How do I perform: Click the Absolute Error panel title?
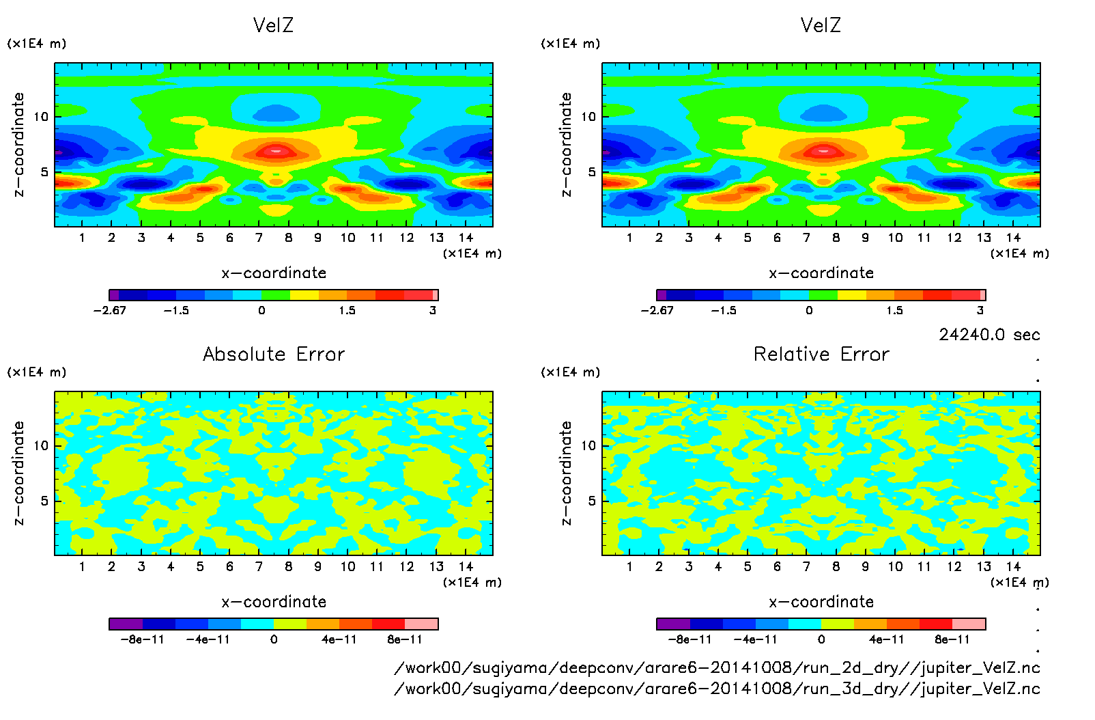tap(274, 354)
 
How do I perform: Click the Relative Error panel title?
tap(821, 354)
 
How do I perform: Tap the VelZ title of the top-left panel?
tap(273, 25)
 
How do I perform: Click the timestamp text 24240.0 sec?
tap(989, 335)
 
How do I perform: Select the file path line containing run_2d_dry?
tap(717, 667)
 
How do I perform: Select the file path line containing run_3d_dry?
tap(717, 689)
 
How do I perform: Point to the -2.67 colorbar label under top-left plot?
tap(110, 310)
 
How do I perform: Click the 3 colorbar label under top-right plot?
tap(980, 310)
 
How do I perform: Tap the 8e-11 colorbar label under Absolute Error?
tap(405, 639)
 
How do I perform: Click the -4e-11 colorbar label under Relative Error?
tap(756, 639)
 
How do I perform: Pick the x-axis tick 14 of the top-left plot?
tap(466, 238)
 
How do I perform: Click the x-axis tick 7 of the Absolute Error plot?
tap(259, 566)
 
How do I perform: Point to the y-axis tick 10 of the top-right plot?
tap(588, 117)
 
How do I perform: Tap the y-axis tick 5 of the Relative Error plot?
tap(592, 501)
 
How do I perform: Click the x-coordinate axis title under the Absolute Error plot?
tap(274, 602)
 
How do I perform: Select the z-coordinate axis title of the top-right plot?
tap(566, 145)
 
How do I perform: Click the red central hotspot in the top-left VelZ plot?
tap(276, 150)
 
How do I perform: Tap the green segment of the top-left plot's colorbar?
tap(276, 295)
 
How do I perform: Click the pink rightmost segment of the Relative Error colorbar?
tap(969, 624)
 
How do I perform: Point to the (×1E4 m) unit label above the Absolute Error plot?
tap(37, 372)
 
